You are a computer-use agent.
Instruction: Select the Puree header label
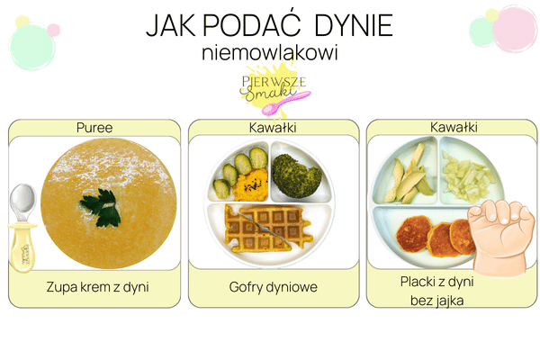coord(94,128)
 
